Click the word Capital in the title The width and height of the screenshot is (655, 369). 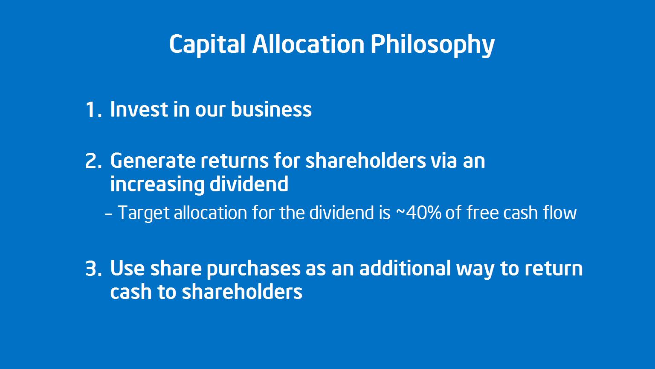207,45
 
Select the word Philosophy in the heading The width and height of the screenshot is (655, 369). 432,45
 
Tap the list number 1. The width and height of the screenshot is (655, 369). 93,110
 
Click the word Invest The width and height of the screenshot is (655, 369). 139,109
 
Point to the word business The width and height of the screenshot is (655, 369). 271,109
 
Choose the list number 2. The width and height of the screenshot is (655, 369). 93,161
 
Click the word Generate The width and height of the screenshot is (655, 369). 153,161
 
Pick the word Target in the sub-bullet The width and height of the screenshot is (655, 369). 143,213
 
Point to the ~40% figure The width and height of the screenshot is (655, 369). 418,213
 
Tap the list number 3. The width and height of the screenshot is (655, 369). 93,269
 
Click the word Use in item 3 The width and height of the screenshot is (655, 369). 127,268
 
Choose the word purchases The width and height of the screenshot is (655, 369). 254,269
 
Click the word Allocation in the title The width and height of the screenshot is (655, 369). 308,44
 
